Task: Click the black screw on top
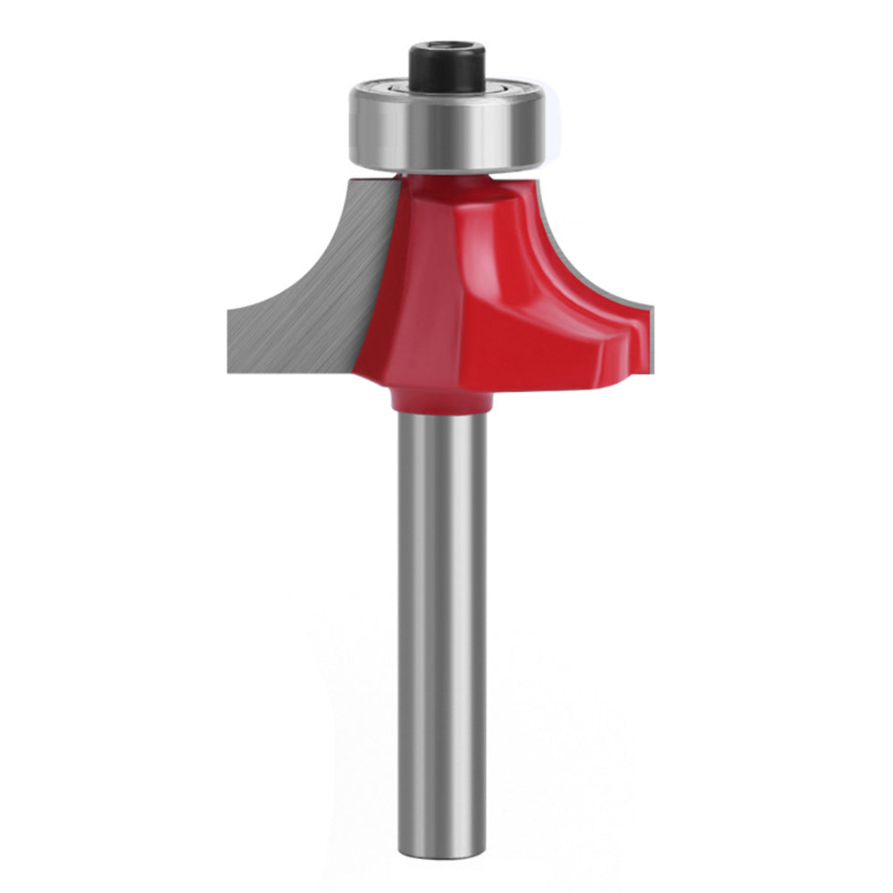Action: pos(446,67)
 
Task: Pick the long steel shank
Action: pos(442,625)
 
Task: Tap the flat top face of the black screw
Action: pos(446,49)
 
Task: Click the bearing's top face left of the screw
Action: pos(384,89)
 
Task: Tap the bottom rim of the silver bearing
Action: pos(446,168)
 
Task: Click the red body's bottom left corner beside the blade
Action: pos(362,371)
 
